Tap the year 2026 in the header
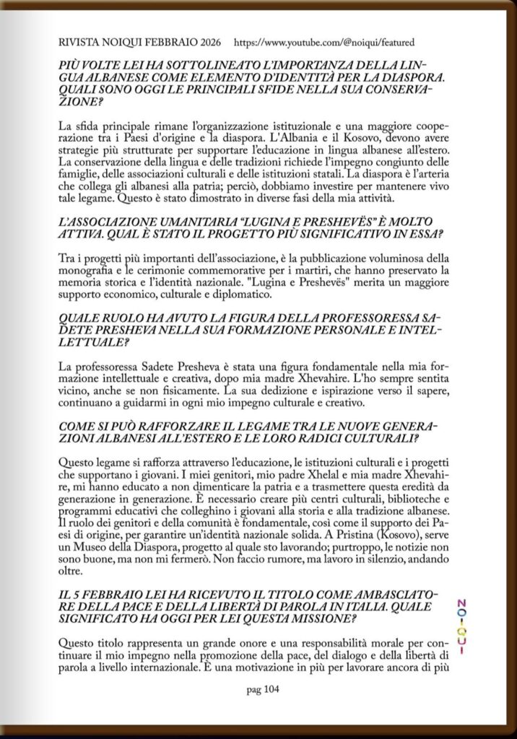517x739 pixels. point(207,43)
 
